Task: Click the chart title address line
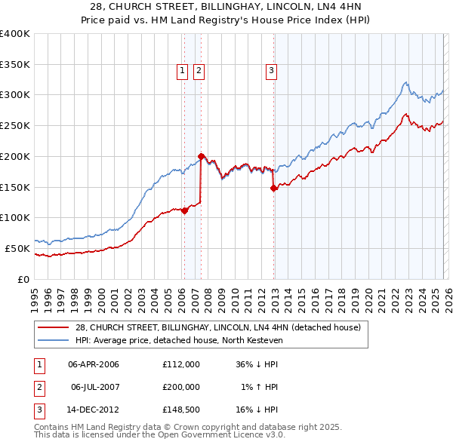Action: pyautogui.click(x=226, y=6)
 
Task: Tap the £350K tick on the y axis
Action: pyautogui.click(x=15, y=65)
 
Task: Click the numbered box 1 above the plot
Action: pyautogui.click(x=183, y=72)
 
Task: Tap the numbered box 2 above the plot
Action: pyautogui.click(x=199, y=72)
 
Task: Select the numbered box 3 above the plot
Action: pyautogui.click(x=270, y=72)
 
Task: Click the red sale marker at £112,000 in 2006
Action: pyautogui.click(x=184, y=211)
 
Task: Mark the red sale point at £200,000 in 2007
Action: pyautogui.click(x=201, y=157)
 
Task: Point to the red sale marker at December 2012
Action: pyautogui.click(x=273, y=189)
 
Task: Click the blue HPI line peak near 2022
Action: pyautogui.click(x=405, y=82)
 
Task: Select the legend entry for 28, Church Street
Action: pyautogui.click(x=218, y=327)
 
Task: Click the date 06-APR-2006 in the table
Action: pyautogui.click(x=94, y=364)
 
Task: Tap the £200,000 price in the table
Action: pyautogui.click(x=181, y=387)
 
